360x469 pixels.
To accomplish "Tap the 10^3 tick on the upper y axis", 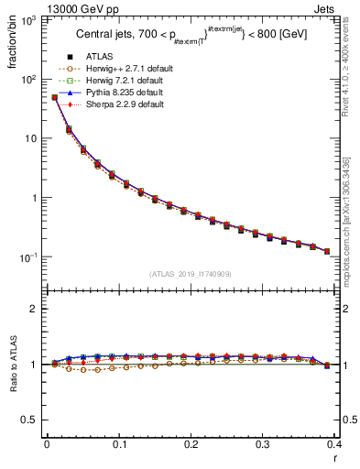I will tap(31, 19).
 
